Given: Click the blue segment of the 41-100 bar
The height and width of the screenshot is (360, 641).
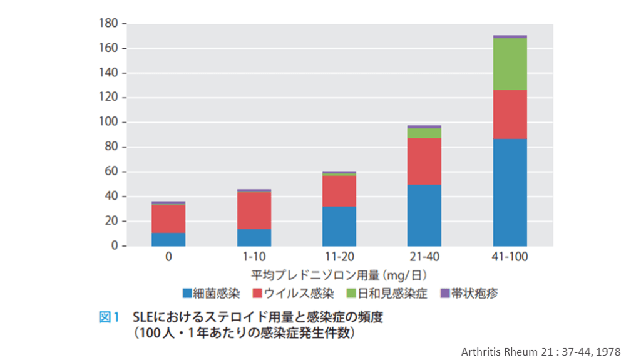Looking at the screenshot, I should [x=510, y=192].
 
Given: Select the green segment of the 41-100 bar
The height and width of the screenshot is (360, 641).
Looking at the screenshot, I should [x=510, y=64].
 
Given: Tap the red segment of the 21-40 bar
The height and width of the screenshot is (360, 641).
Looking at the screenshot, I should [x=424, y=161].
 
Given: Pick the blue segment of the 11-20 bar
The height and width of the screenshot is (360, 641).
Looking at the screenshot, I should [x=339, y=226].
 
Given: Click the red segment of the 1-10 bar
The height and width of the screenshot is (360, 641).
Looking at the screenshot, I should [x=254, y=210].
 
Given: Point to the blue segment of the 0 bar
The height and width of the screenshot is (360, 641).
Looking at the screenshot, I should [x=168, y=239].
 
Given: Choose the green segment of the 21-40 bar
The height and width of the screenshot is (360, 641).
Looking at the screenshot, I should [x=424, y=133].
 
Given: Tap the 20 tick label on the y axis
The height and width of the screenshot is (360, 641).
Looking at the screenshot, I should [x=111, y=222].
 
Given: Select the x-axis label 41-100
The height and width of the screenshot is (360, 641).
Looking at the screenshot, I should [x=510, y=257].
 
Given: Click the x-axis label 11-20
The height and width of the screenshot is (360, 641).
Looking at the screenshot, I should [x=339, y=257].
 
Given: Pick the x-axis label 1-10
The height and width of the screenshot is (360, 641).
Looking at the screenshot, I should [x=254, y=257].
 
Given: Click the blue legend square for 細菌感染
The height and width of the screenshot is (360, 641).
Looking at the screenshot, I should [x=187, y=293].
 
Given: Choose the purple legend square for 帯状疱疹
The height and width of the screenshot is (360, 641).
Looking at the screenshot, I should [x=445, y=293].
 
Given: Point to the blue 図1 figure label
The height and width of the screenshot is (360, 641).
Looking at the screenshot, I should [x=109, y=317].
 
